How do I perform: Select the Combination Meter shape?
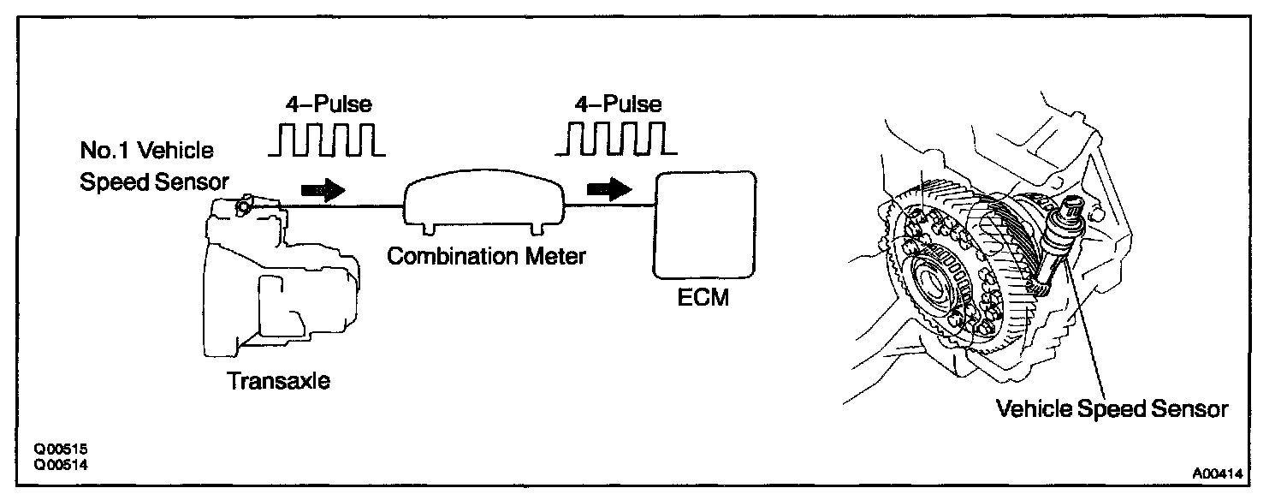click(x=483, y=205)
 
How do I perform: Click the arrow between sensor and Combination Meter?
click(x=323, y=190)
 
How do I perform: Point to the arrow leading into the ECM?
click(x=608, y=190)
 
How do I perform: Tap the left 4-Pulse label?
click(x=329, y=106)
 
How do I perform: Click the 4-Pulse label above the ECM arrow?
click(x=617, y=104)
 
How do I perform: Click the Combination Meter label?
click(x=486, y=255)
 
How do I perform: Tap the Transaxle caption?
click(x=279, y=381)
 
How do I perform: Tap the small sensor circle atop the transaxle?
click(x=245, y=205)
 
